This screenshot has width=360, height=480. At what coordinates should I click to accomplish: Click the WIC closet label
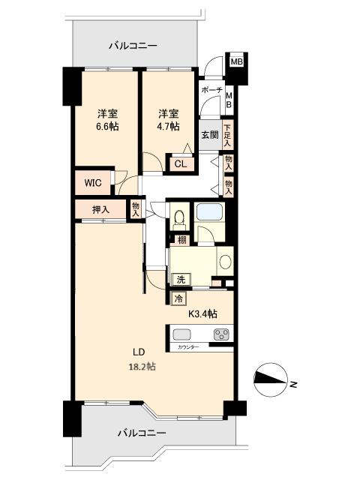coord(93,183)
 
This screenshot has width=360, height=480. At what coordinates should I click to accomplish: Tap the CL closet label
coord(180,164)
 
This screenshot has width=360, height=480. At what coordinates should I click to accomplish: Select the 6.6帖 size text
coord(107,127)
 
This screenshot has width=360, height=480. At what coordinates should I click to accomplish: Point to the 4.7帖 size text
coord(168,127)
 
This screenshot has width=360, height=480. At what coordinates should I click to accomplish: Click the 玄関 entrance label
coord(210,135)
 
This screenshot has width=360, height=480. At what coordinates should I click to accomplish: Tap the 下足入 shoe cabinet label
coord(227,135)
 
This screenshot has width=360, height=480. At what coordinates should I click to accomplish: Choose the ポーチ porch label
coord(211,90)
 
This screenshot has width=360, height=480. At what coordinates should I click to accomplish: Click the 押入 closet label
coord(100,210)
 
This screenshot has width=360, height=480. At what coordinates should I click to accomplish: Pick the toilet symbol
coord(178,218)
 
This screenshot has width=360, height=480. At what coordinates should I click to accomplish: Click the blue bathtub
coord(209,211)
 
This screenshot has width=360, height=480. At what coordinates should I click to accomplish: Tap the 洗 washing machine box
coord(181,280)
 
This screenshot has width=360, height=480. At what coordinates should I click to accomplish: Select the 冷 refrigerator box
coord(179,299)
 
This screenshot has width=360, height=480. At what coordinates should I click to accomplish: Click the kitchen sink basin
coord(181,334)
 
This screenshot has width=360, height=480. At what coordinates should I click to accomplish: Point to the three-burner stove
coord(220,334)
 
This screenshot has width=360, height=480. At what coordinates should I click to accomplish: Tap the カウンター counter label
coord(188,347)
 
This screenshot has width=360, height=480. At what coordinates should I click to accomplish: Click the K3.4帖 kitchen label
coord(202,313)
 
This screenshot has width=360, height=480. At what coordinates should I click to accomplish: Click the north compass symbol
coord(271,379)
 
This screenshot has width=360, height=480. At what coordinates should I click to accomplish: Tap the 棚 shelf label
coord(181,240)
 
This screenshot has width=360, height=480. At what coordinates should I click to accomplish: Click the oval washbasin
coord(226,262)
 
